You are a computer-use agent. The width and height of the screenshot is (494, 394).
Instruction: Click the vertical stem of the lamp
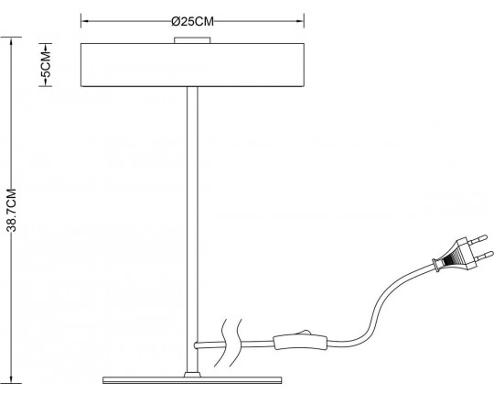tap(191, 220)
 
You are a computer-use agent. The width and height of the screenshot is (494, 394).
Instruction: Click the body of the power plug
tap(454, 257)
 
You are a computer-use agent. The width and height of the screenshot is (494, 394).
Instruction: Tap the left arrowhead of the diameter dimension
tap(85, 19)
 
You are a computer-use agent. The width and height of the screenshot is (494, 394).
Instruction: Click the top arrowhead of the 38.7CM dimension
tap(10, 39)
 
